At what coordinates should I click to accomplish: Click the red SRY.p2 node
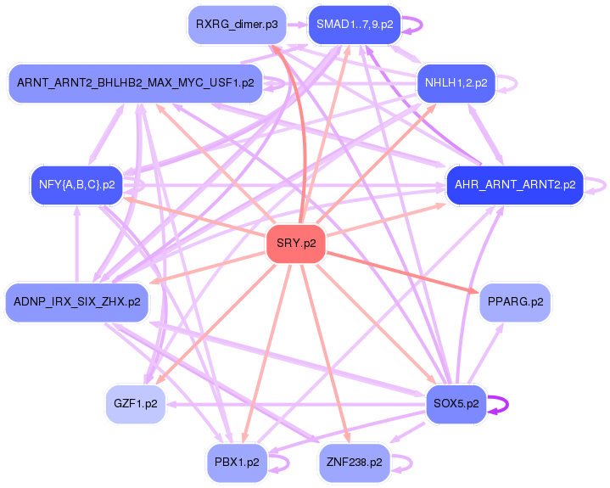click(x=296, y=244)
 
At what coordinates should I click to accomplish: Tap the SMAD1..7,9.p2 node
click(x=354, y=25)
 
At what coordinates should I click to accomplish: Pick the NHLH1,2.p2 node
click(x=456, y=83)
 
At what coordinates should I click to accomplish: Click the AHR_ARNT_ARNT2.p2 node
click(x=514, y=184)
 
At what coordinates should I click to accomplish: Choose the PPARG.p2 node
click(x=515, y=301)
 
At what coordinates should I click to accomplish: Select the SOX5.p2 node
click(x=456, y=404)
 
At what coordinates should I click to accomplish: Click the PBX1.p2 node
click(x=237, y=463)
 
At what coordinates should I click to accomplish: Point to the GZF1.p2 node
click(x=135, y=404)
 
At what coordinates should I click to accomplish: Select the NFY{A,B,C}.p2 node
click(x=76, y=184)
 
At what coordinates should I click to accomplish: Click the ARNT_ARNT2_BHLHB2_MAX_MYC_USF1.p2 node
click(x=135, y=83)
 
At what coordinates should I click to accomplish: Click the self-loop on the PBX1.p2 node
click(x=289, y=463)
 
